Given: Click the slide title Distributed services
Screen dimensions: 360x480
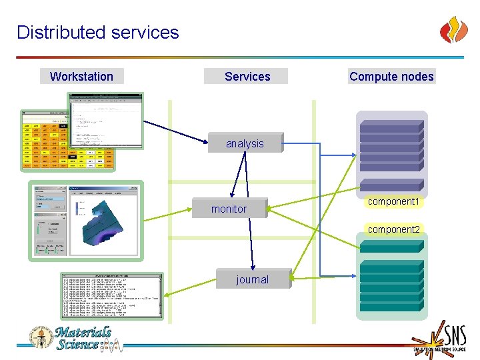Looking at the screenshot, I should pyautogui.click(x=98, y=32).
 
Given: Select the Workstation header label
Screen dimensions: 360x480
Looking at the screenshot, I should pyautogui.click(x=81, y=76).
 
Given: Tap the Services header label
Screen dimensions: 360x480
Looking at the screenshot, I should pyautogui.click(x=247, y=76).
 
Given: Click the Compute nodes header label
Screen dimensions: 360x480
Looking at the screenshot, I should pyautogui.click(x=391, y=76).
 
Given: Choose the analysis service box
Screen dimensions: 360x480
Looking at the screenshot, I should pyautogui.click(x=245, y=143).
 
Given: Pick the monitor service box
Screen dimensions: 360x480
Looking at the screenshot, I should pyautogui.click(x=229, y=209).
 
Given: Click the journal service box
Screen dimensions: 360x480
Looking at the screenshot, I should pyautogui.click(x=252, y=279).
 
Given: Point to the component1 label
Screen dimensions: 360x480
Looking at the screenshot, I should pyautogui.click(x=393, y=201).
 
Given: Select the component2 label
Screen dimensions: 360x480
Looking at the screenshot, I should pyautogui.click(x=394, y=229).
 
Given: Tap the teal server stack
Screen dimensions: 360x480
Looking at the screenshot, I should pyautogui.click(x=391, y=287).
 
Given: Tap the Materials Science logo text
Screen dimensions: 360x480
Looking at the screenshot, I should pyautogui.click(x=83, y=338).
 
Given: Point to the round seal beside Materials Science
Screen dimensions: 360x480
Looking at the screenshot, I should pyautogui.click(x=40, y=337).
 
